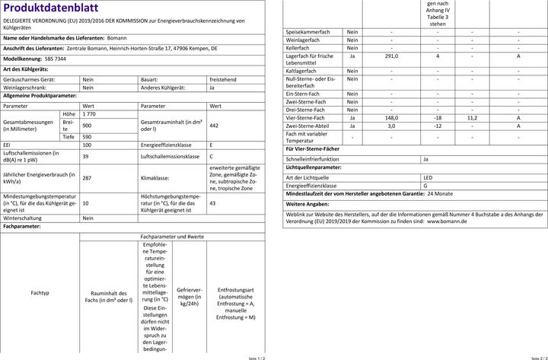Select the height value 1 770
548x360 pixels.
click(90, 113)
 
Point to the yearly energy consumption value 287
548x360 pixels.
click(87, 177)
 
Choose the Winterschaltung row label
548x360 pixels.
click(26, 218)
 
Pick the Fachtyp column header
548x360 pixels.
click(40, 292)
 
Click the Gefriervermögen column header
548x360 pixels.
click(189, 295)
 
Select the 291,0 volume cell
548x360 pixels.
click(391, 56)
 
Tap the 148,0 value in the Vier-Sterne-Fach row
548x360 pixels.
click(391, 118)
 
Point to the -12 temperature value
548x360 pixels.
click(438, 126)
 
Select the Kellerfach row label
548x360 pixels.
click(298, 47)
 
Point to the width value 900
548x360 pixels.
click(87, 125)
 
